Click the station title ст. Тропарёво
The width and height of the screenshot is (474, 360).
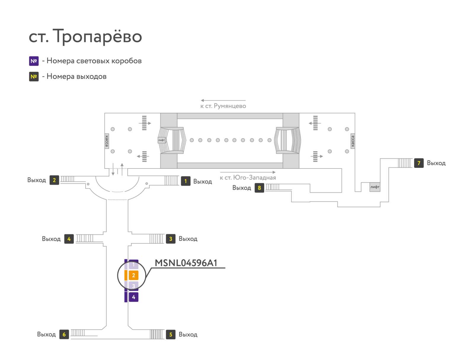point(85,36)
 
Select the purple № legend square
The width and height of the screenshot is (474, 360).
point(34,61)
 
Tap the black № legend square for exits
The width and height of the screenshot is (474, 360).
point(34,77)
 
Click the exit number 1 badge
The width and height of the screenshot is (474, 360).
point(186,181)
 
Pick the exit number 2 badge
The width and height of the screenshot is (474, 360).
point(55,180)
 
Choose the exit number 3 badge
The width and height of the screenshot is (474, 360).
point(171,239)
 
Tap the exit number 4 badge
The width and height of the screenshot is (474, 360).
point(69,239)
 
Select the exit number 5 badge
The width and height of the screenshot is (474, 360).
point(171,335)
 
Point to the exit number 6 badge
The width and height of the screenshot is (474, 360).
point(64,335)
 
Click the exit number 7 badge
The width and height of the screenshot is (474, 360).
point(419,163)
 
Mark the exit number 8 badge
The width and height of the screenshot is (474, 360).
point(260,188)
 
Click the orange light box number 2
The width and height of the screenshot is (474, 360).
point(134,275)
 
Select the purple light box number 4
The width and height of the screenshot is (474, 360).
point(134,297)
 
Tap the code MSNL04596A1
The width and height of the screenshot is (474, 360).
point(186,263)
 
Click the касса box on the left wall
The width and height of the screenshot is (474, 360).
point(107,141)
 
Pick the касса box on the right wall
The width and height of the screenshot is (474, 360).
point(353,141)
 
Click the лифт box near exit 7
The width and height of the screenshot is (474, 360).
point(375,187)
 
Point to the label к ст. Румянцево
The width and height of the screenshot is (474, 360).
point(223,106)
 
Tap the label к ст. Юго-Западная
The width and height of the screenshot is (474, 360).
point(248,178)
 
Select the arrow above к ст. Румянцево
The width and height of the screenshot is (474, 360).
point(223,100)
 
